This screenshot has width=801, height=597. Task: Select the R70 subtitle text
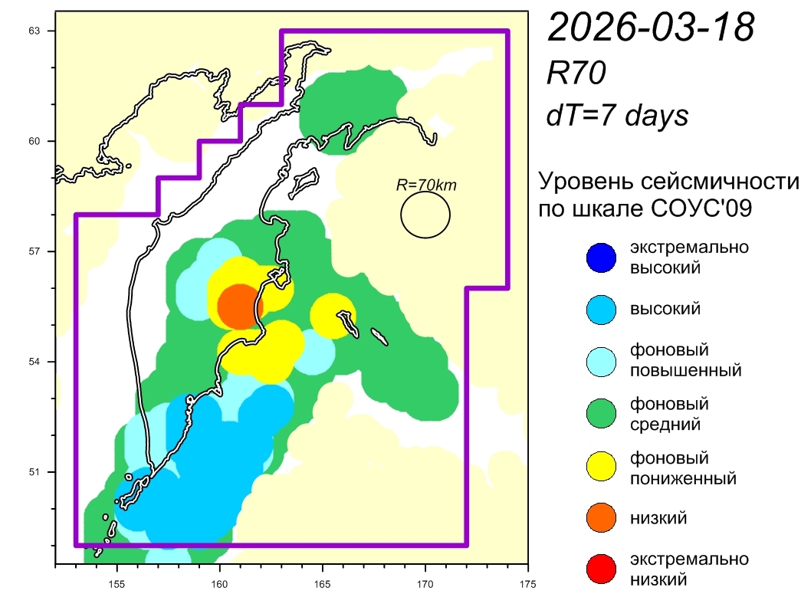point(576,74)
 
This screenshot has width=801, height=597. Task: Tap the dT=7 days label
point(617,116)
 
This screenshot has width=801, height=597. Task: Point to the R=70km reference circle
point(425,215)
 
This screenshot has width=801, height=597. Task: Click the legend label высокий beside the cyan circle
point(665,310)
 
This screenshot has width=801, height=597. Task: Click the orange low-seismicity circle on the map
point(238,306)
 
